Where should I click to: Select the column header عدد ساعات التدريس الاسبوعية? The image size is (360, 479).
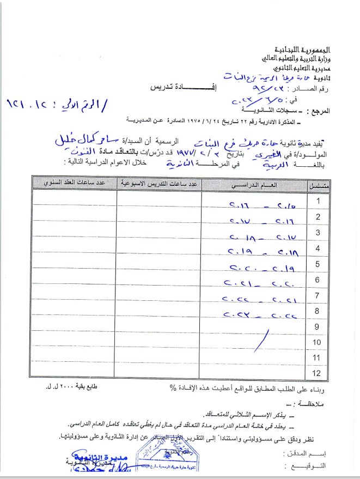158,185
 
